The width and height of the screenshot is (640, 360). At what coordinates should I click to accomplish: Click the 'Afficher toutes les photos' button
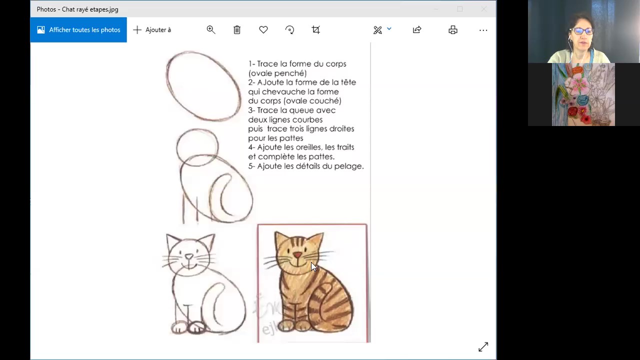click(78, 30)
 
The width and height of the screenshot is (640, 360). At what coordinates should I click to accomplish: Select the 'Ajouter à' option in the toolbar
click(152, 30)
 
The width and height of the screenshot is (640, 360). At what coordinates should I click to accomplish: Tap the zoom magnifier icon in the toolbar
click(211, 30)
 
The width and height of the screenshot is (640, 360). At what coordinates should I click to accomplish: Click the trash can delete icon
click(237, 30)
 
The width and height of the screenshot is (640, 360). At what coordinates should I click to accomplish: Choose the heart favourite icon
click(263, 30)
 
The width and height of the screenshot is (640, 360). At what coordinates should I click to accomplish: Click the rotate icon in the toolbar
click(289, 30)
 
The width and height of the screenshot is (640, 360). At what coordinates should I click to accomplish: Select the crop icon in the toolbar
click(316, 30)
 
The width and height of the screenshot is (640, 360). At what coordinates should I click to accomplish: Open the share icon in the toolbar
click(417, 30)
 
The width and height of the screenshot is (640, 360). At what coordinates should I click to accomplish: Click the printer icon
click(453, 30)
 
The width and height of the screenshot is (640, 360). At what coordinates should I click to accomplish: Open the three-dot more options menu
click(483, 30)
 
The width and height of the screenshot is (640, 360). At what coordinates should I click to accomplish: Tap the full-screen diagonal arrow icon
click(483, 347)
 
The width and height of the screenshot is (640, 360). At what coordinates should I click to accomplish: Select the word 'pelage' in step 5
click(350, 166)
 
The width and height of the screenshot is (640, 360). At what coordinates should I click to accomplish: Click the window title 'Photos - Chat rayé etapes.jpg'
click(77, 9)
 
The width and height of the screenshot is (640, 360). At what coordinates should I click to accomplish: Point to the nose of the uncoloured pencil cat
click(189, 256)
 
